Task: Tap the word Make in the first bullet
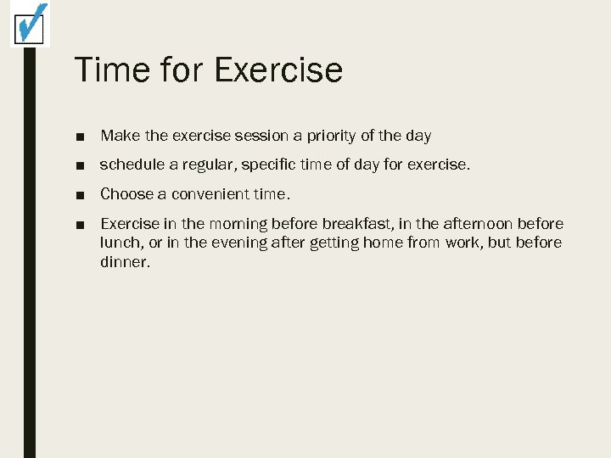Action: pyautogui.click(x=117, y=136)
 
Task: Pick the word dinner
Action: pyautogui.click(x=125, y=263)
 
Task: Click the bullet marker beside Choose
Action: pyautogui.click(x=79, y=195)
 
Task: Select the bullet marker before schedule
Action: pyautogui.click(x=79, y=165)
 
